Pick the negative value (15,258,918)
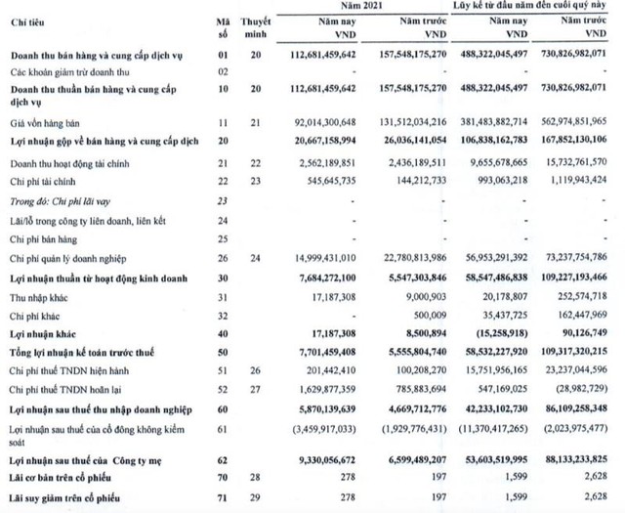[501, 332]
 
